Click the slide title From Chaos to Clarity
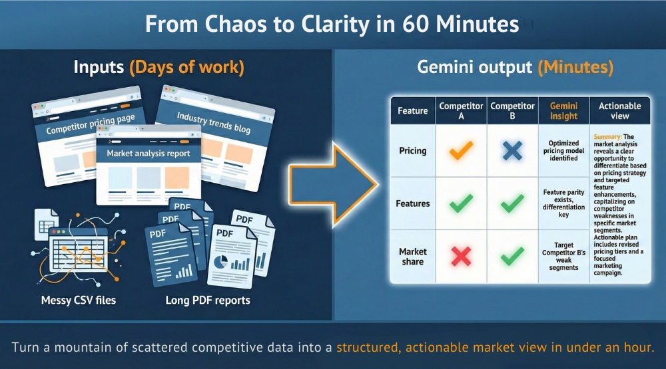tap(332, 25)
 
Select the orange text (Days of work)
tap(186, 67)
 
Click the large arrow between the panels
tap(331, 185)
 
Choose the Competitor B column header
tap(512, 111)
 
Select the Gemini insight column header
tap(563, 111)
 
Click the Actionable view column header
tap(619, 111)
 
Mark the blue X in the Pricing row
tap(512, 151)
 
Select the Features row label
tap(413, 203)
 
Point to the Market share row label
tap(413, 257)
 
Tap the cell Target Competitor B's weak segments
tap(563, 257)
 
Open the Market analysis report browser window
tap(149, 170)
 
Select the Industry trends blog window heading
tap(213, 122)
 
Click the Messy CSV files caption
tap(78, 300)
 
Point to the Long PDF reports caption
tap(208, 300)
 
